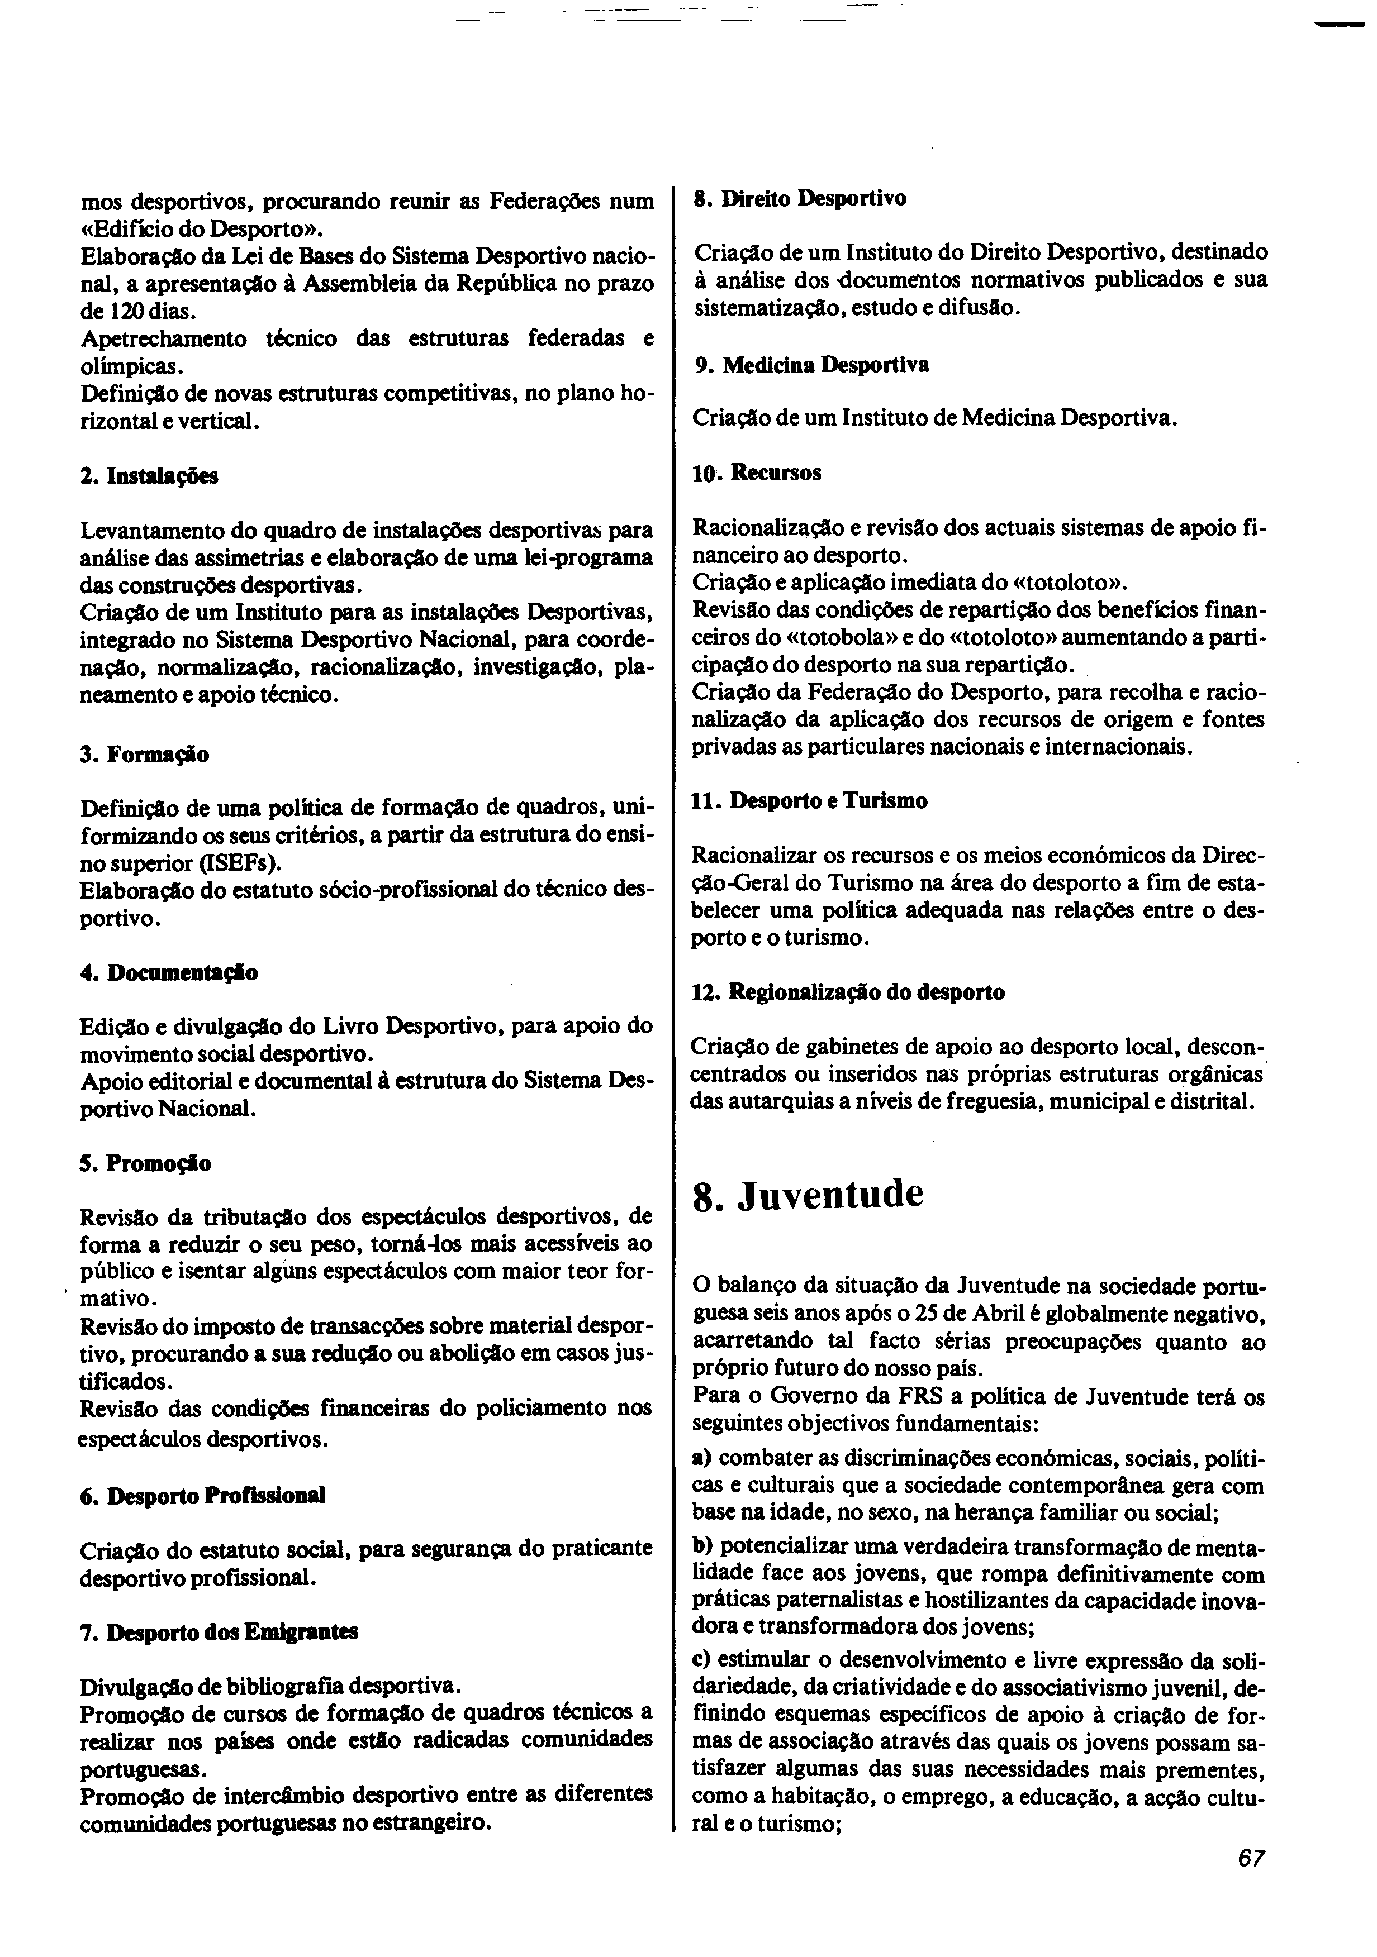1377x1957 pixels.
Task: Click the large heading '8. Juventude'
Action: (x=808, y=1195)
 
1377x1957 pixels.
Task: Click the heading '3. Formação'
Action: (x=144, y=755)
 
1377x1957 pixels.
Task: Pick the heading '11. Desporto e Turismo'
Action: (x=810, y=801)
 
